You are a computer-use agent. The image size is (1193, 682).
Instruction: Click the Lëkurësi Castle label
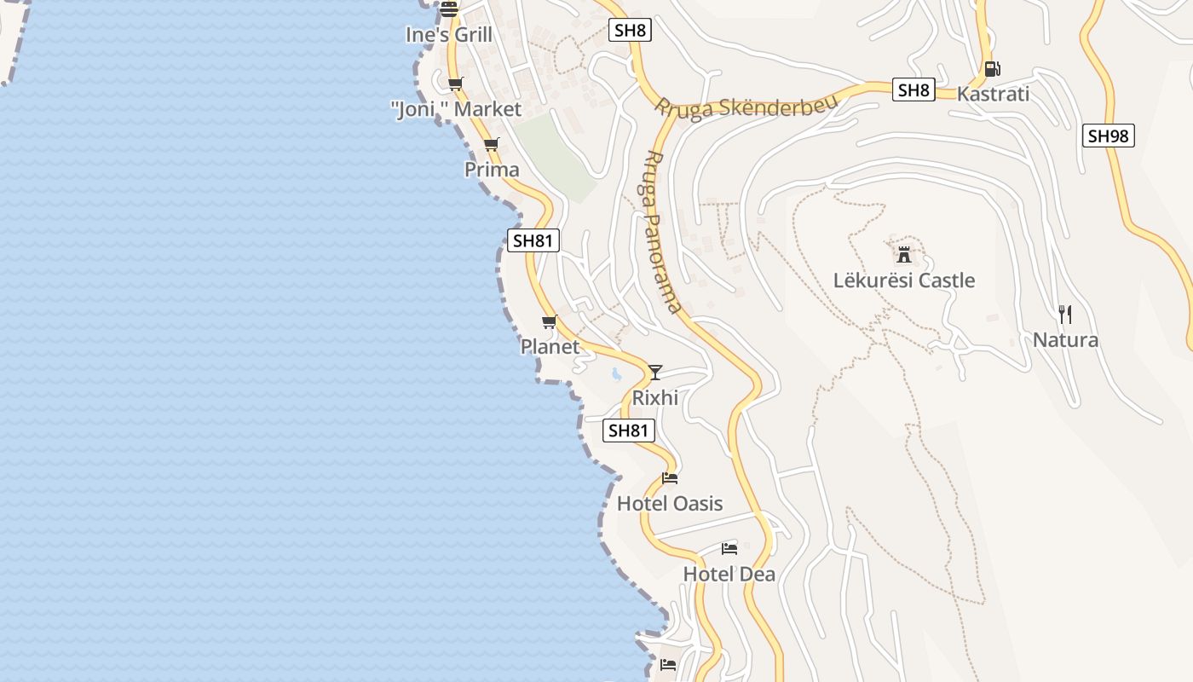(903, 280)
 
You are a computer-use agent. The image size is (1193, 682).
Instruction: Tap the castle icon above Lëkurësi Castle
(904, 253)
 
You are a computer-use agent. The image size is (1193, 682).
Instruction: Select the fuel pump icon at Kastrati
(992, 69)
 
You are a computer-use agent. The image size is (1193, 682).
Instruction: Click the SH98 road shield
(1109, 136)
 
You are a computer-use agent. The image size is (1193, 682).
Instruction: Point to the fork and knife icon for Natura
(1065, 314)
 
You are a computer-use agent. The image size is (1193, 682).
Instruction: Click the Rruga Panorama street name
(663, 232)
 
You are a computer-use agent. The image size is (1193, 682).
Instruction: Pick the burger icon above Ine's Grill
(449, 10)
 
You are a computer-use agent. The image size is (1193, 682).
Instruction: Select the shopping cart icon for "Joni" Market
(456, 84)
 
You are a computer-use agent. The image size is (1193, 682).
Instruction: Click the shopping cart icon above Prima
(491, 144)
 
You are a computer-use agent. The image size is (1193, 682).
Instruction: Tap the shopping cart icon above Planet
(550, 321)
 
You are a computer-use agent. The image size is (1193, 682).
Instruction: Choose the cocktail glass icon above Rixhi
(654, 372)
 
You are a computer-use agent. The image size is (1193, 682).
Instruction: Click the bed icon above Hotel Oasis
(670, 477)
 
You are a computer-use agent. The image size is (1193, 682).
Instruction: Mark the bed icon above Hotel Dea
(729, 548)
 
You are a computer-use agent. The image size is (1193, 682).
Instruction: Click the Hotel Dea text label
(729, 575)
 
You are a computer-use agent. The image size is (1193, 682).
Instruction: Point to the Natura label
(1065, 340)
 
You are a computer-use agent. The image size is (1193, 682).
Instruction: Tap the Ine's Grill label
(449, 35)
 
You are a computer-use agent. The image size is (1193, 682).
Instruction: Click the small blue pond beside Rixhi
(615, 373)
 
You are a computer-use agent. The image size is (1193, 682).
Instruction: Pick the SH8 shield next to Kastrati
(913, 90)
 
